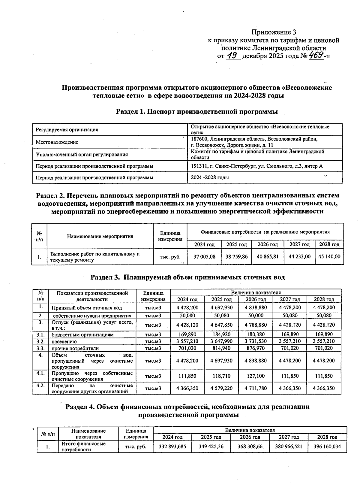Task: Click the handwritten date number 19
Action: [x=232, y=56]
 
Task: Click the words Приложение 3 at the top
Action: [x=274, y=32]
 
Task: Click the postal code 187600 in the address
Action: [x=199, y=139]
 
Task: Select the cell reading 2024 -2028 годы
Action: [x=210, y=177]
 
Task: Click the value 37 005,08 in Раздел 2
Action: [x=204, y=257]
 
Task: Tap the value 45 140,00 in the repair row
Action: [x=329, y=257]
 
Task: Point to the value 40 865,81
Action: [x=268, y=257]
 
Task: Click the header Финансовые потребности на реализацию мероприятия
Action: [x=265, y=232]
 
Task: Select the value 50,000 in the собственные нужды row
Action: [x=256, y=316]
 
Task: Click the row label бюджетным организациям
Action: [x=82, y=334]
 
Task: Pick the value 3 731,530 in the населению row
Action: [x=256, y=341]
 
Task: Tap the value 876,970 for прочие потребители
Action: [x=256, y=348]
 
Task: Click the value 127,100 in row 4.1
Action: [x=256, y=376]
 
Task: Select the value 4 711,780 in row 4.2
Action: [x=256, y=388]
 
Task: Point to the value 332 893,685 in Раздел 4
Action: [x=172, y=446]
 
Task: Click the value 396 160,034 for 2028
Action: [x=327, y=446]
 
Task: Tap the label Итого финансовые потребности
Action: [x=83, y=446]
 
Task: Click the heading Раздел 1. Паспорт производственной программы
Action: [x=197, y=112]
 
